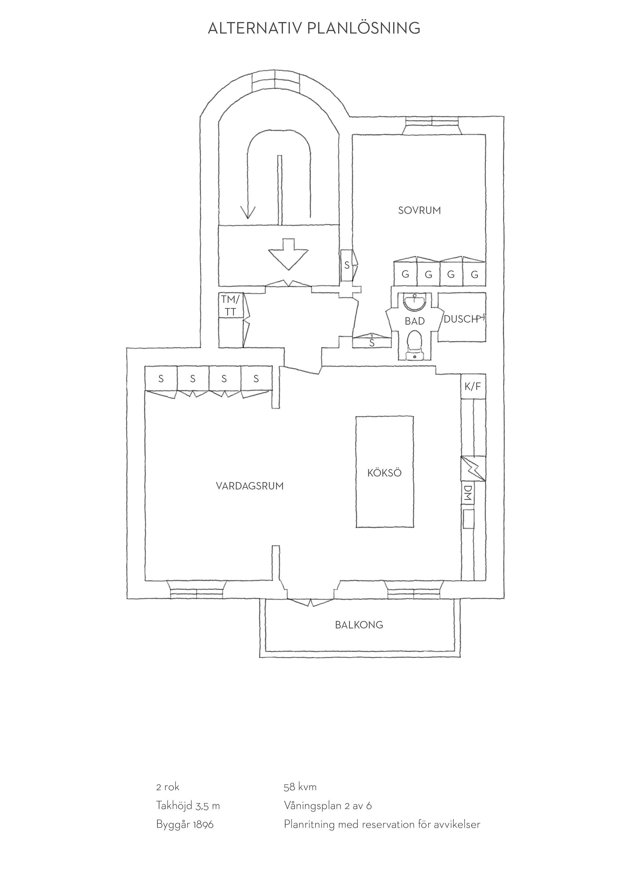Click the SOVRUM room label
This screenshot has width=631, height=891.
419,210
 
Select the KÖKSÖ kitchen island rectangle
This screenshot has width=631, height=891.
385,472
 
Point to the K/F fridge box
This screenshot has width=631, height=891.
473,387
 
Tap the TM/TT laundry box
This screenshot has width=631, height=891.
231,306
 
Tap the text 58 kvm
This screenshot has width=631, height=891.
300,787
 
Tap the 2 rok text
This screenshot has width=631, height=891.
168,787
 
